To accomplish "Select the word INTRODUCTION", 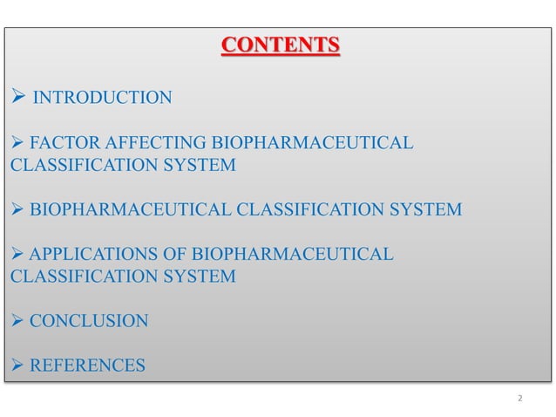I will (x=102, y=97).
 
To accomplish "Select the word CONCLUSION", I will (x=89, y=321).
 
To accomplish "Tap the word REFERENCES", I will (x=88, y=366).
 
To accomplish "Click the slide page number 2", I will (x=519, y=399).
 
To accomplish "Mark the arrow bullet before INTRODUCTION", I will (x=17, y=97).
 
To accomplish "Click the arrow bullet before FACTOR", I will (x=17, y=142).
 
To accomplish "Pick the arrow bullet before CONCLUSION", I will (x=17, y=321).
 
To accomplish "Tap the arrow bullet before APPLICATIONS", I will (x=17, y=255).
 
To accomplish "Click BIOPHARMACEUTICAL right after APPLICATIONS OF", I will (x=292, y=255).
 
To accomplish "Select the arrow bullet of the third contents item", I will (x=17, y=210).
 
